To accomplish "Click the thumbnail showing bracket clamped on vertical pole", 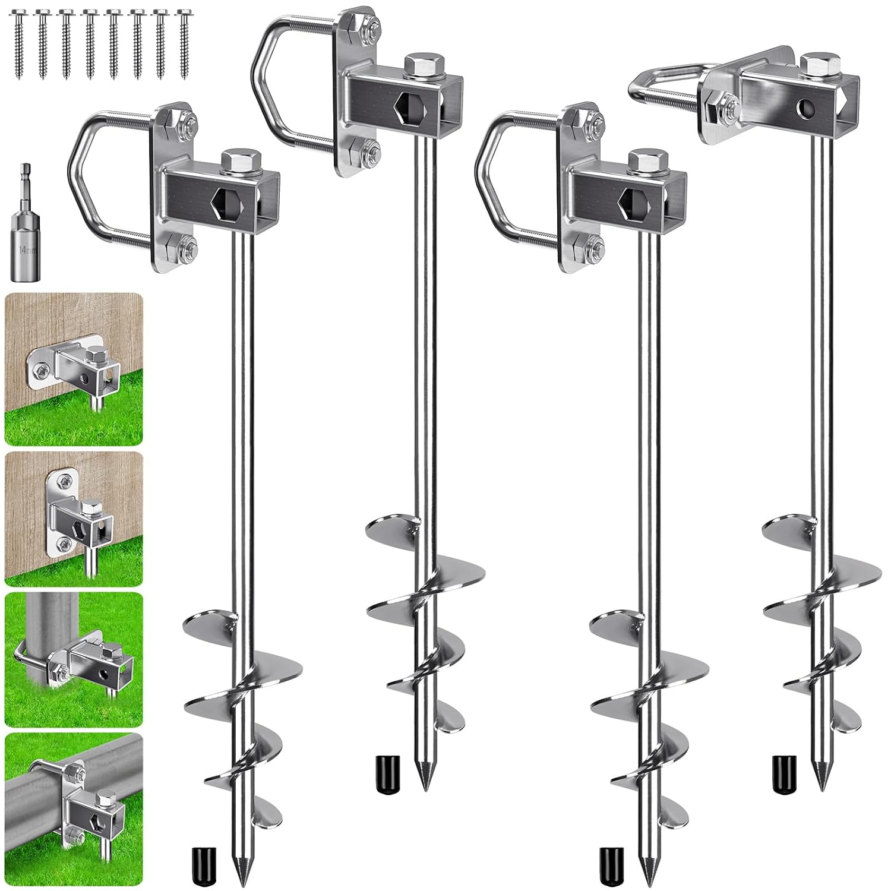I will pyautogui.click(x=74, y=659).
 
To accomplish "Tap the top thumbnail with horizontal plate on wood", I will pyautogui.click(x=74, y=368).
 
